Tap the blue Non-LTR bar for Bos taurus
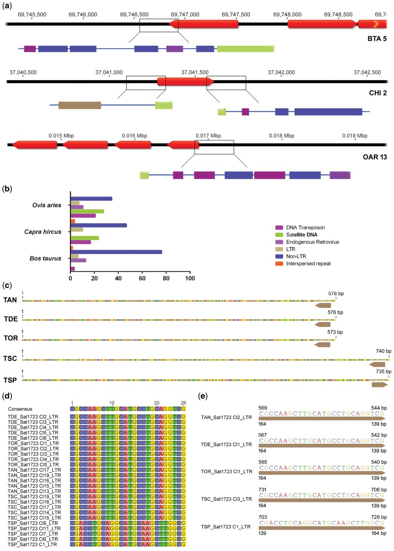point(116,252)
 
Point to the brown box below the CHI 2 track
point(79,105)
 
